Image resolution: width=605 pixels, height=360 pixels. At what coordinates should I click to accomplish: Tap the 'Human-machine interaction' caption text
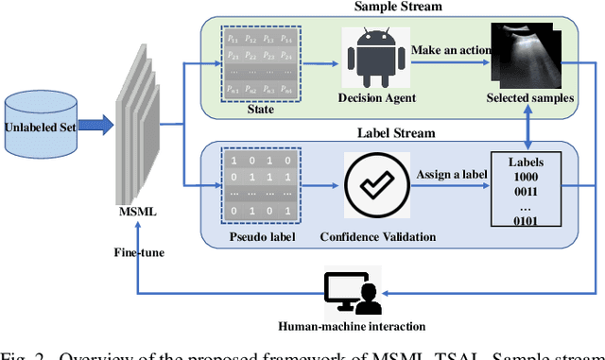pos(352,327)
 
